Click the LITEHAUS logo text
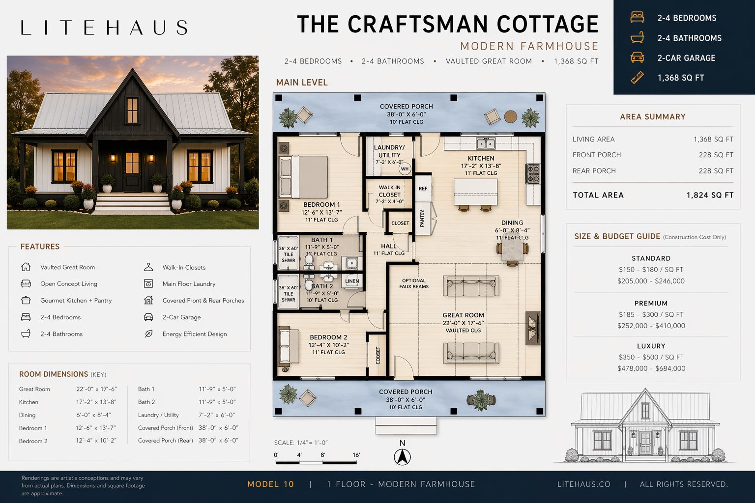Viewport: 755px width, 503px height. [x=104, y=28]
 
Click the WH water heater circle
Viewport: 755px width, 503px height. [x=405, y=169]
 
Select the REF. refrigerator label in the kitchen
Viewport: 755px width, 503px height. [x=423, y=189]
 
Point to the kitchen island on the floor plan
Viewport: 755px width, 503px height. [x=476, y=192]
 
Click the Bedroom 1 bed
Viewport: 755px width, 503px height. [x=303, y=177]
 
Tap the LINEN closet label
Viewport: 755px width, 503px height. [x=352, y=281]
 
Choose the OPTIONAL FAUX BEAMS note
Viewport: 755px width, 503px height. [x=414, y=283]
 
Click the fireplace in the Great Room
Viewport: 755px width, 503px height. [x=532, y=328]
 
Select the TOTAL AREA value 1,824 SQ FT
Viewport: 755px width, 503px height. [x=710, y=195]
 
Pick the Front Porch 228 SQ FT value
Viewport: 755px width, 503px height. [x=716, y=155]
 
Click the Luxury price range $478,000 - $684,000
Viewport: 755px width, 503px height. [x=651, y=368]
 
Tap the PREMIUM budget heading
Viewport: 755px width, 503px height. [x=651, y=303]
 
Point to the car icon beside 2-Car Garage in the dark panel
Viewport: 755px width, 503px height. [x=637, y=57]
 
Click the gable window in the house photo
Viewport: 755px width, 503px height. [x=132, y=110]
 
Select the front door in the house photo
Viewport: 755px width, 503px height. [x=132, y=171]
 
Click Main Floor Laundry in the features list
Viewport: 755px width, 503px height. [x=189, y=284]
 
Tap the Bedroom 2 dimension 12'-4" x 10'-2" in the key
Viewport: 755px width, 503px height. [x=96, y=441]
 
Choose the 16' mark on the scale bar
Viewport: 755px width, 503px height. [x=356, y=455]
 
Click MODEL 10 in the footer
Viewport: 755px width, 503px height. [x=271, y=484]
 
